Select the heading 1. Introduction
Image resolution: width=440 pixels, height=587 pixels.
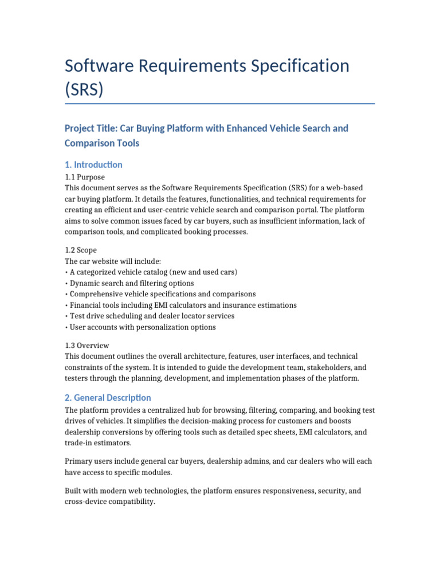93,165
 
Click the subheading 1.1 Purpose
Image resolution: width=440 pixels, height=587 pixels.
85,177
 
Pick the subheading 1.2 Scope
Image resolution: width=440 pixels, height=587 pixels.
81,251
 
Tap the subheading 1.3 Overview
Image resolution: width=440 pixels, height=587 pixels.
87,346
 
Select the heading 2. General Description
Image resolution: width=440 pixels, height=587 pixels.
108,398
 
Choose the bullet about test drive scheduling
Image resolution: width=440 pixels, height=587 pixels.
152,316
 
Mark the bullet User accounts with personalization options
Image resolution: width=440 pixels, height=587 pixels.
142,327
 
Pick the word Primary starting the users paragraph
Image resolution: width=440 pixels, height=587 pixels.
78,461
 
